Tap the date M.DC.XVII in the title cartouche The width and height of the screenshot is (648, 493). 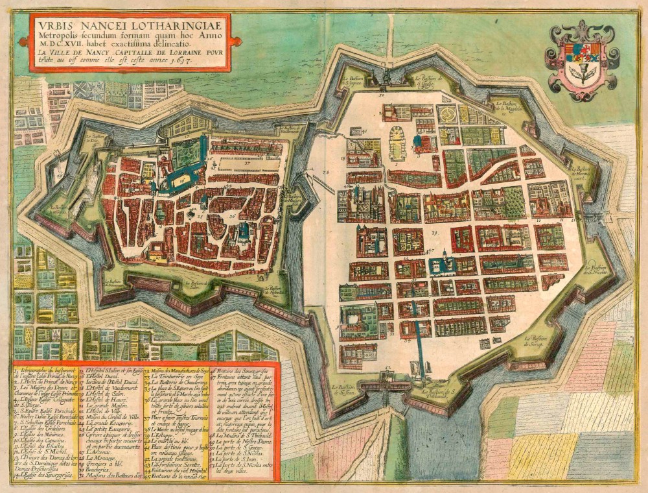tap(60, 43)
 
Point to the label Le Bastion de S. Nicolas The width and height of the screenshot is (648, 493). tap(599, 269)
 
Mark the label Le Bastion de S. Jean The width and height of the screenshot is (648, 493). tap(347, 389)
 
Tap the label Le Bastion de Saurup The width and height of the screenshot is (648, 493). tap(537, 340)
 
